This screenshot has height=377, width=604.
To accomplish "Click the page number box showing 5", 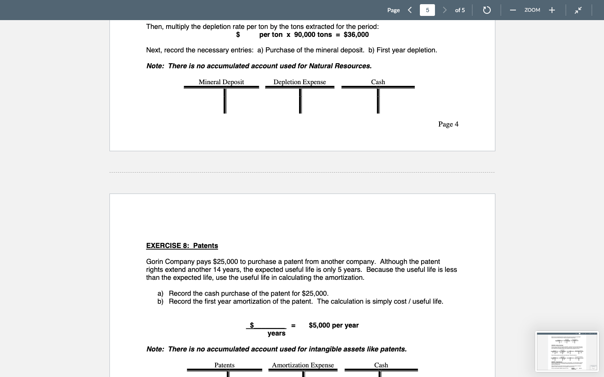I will pos(427,10).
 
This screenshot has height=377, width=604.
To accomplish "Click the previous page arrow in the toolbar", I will pos(410,10).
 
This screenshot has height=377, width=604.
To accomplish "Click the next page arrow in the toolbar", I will pos(445,10).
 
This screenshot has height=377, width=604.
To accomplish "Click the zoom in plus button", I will pos(552,10).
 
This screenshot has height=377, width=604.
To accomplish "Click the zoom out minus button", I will pos(513,10).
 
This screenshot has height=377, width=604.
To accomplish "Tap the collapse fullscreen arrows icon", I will pos(578,10).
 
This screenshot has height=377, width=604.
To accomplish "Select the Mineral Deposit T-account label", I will pos(221,82).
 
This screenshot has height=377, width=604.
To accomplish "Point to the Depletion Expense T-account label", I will pos(299,82).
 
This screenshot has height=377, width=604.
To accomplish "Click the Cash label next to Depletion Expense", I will pos(378,82).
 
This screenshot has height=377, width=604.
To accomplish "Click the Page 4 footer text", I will pos(448,124).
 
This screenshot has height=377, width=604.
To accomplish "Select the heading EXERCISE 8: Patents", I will pos(182,246).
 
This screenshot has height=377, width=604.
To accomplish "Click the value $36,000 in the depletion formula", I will pos(356,35).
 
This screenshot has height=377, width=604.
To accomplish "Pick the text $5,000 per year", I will pos(333,325).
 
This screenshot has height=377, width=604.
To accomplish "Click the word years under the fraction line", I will pos(276,333).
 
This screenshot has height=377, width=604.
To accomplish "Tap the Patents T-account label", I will pos(224,365).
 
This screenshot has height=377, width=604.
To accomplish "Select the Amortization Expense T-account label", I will pos(303,365).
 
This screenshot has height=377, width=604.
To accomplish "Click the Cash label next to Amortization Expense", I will pos(381,365).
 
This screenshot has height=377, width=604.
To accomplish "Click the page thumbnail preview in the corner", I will pos(567,351).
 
